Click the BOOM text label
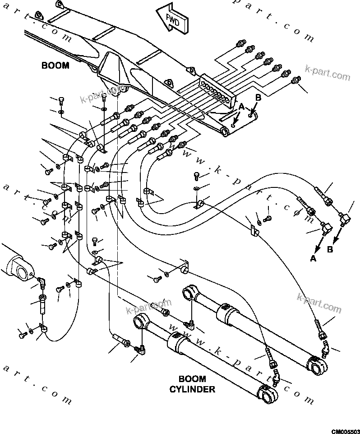(x=55, y=66)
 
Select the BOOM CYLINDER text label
(x=192, y=384)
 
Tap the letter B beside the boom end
(x=258, y=97)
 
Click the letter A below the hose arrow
(x=313, y=258)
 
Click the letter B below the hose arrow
(x=330, y=249)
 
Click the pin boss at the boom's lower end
(x=224, y=131)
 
